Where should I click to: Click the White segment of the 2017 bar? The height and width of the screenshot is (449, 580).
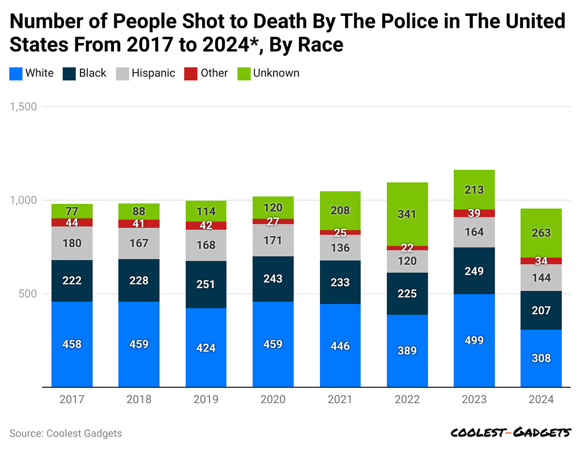[x=72, y=344]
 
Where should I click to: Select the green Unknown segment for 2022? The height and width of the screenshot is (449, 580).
[x=407, y=214]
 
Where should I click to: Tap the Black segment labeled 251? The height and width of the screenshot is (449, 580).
[x=206, y=284]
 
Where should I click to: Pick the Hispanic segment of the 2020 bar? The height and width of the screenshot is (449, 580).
[x=273, y=240]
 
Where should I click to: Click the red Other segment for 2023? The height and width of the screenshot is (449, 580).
[x=474, y=213]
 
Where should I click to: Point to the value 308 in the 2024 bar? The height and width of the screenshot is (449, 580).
[x=541, y=358]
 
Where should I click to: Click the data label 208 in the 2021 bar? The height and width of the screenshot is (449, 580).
[x=340, y=211]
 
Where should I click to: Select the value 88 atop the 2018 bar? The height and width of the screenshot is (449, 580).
[x=139, y=211]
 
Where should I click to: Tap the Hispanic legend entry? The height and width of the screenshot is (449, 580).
[x=146, y=73]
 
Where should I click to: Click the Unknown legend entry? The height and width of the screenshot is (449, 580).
[x=268, y=73]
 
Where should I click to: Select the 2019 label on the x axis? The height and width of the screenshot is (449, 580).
[x=206, y=400]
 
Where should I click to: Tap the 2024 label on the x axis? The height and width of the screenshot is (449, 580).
[x=541, y=400]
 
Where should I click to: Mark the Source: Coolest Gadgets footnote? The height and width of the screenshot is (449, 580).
[x=66, y=433]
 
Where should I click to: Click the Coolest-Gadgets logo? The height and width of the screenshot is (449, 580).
[x=510, y=433]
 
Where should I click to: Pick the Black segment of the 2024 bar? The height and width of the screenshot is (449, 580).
[x=541, y=310]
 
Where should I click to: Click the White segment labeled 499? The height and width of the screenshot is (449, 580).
[x=474, y=340]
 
